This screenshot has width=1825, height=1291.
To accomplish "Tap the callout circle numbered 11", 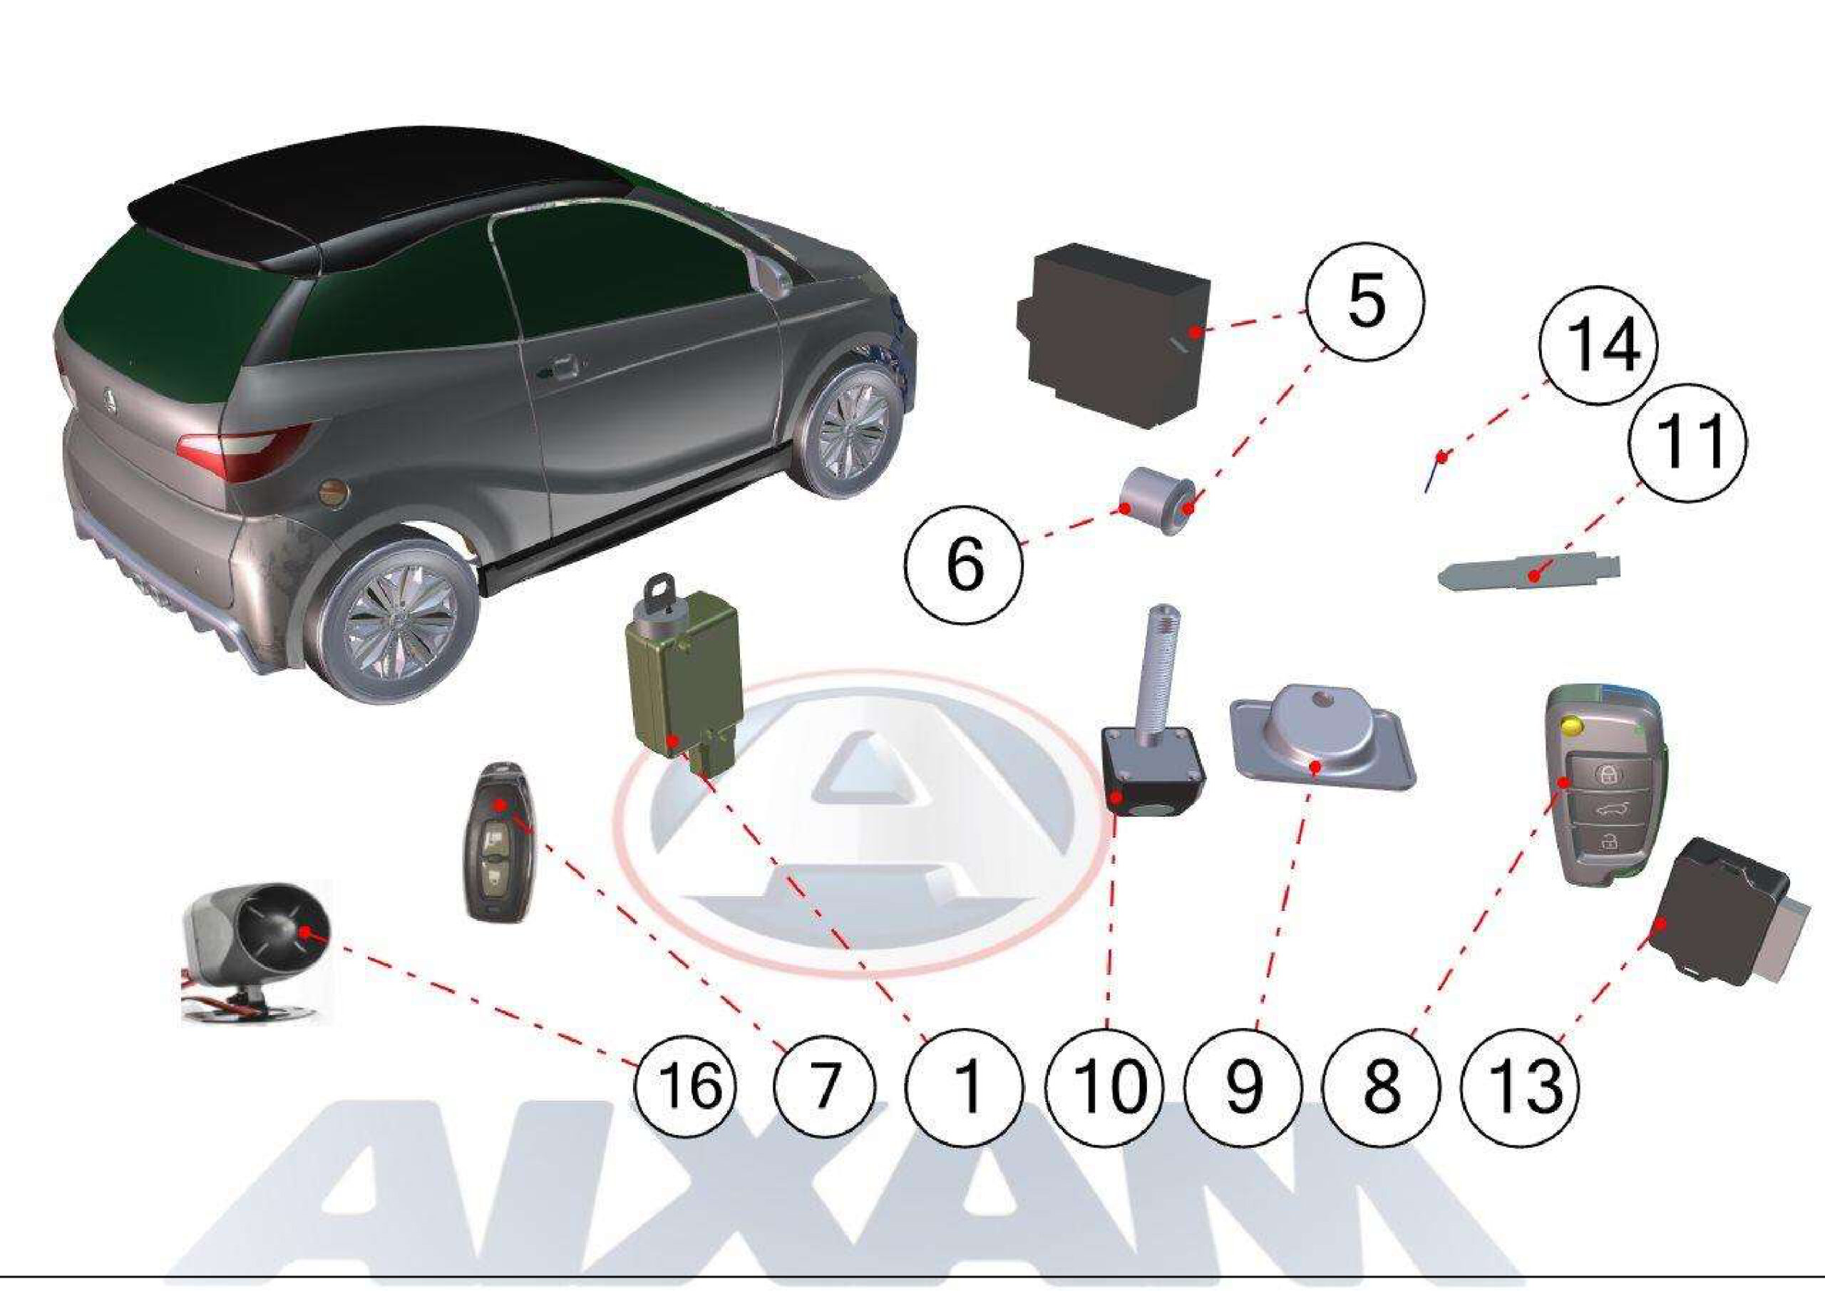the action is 1687,441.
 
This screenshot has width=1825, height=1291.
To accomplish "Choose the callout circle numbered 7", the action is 824,1086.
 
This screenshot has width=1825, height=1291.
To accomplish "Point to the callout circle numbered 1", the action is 964,1086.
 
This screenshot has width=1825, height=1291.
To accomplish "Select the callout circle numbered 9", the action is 1243,1086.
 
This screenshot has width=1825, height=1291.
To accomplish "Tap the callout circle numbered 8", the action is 1382,1086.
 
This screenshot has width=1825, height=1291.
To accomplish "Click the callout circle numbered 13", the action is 1521,1086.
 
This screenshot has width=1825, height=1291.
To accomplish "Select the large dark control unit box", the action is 1113,334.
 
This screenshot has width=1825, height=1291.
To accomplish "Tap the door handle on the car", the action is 560,368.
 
